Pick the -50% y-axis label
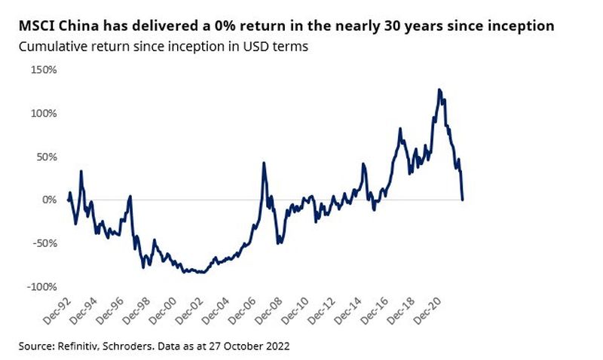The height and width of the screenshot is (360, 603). coord(41,243)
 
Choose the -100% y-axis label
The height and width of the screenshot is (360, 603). coord(39,287)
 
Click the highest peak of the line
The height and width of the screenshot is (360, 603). coord(439,90)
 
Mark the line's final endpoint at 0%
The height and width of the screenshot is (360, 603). coord(462,200)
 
